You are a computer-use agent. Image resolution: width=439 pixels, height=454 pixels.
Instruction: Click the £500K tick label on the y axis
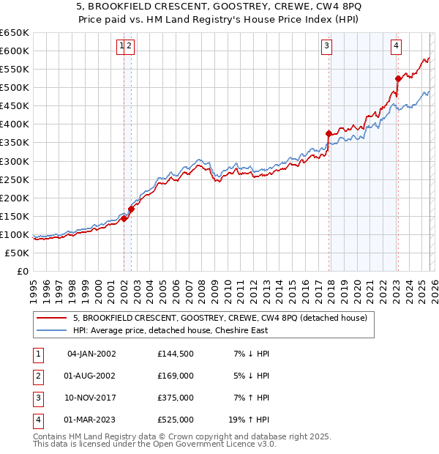[15, 87]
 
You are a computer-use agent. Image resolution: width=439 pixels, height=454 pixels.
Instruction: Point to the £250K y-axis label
[15, 179]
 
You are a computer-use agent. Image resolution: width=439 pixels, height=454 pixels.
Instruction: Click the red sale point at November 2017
[329, 133]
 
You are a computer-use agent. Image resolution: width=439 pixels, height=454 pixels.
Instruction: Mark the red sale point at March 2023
[397, 78]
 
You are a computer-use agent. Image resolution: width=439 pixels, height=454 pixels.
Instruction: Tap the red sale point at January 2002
[124, 217]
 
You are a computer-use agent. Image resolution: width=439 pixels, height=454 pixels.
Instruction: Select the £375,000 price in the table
[176, 398]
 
